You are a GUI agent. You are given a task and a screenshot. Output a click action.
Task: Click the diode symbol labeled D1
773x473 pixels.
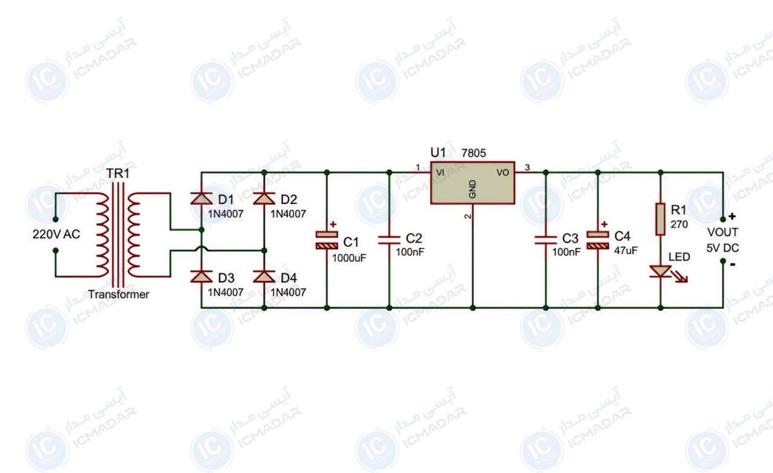click(202, 198)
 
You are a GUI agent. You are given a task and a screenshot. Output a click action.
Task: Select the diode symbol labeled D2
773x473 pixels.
click(264, 198)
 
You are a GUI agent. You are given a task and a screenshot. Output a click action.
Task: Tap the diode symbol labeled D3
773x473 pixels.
click(202, 276)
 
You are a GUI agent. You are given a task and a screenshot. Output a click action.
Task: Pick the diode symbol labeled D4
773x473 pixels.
click(264, 276)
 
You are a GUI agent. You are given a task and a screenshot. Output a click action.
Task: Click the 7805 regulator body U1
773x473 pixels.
click(472, 183)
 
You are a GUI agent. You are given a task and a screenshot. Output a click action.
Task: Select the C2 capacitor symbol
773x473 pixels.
click(390, 240)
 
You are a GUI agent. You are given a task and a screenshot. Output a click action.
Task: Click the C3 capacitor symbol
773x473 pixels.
click(545, 240)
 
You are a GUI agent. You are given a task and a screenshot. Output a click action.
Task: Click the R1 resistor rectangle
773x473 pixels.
click(660, 219)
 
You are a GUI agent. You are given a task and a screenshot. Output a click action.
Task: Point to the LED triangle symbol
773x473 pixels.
click(661, 271)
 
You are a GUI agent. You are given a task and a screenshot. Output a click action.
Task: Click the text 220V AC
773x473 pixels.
click(56, 235)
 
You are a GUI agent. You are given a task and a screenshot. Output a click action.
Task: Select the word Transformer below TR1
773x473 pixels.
click(118, 294)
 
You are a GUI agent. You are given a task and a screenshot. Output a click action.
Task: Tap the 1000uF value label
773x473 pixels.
click(349, 258)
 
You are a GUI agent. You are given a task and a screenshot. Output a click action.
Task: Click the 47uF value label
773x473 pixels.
click(626, 250)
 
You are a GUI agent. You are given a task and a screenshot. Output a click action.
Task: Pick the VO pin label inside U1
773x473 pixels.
click(503, 173)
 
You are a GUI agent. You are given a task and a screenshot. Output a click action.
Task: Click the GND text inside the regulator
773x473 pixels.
click(473, 189)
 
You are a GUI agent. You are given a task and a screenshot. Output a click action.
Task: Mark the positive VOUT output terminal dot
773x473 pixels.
click(723, 219)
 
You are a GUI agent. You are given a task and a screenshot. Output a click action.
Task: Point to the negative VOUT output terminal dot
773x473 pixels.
click(723, 261)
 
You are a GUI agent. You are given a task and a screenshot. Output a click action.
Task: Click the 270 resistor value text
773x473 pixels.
click(679, 224)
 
